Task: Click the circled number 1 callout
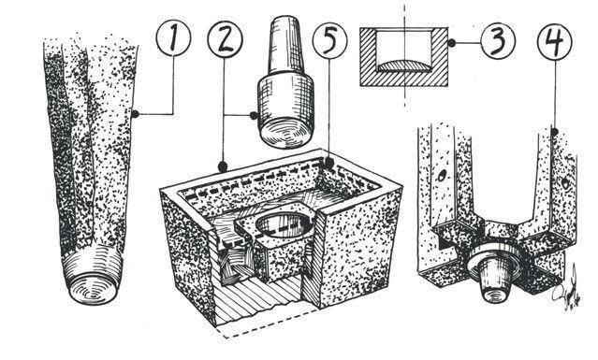[173, 39]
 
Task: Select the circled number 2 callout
[225, 39]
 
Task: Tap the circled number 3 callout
[498, 41]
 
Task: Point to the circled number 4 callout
[555, 41]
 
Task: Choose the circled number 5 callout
[330, 41]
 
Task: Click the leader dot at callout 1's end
[135, 113]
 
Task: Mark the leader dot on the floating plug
[254, 115]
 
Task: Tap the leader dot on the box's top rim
[223, 166]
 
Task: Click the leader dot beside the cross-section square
[452, 43]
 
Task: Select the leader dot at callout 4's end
[554, 132]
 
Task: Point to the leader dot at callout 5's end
[329, 163]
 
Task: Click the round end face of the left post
[94, 288]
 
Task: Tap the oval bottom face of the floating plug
[284, 134]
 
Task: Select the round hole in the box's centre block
[284, 225]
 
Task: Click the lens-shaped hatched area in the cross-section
[404, 65]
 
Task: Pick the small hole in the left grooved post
[442, 177]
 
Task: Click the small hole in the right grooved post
[565, 184]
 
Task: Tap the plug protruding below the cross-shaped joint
[495, 277]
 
